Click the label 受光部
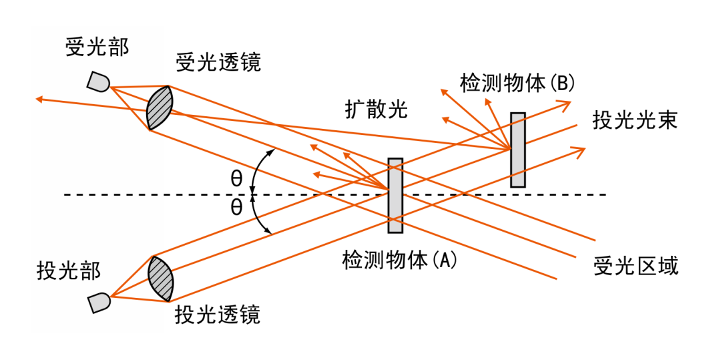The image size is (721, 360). tap(97, 47)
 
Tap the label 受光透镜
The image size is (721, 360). tap(218, 62)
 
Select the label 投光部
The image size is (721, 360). tap(69, 271)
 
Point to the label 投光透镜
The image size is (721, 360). tap(217, 315)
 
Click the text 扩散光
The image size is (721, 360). tap(376, 108)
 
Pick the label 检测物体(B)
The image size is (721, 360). tap(517, 83)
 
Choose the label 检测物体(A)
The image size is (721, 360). tap(399, 259)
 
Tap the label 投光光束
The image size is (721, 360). tap(635, 120)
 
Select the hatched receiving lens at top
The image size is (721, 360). tap(160, 108)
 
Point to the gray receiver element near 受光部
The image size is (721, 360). tap(99, 82)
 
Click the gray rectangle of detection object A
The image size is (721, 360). tap(395, 196)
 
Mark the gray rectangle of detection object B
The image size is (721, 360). tap(517, 150)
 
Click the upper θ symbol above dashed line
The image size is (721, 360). tap(236, 178)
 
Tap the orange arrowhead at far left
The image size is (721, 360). tap(39, 100)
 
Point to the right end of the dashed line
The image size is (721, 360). tap(605, 194)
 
